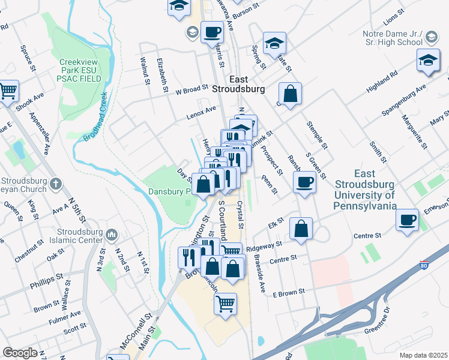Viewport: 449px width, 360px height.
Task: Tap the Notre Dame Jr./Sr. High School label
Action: click(393, 38)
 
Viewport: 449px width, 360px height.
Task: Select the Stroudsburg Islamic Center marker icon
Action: click(112, 233)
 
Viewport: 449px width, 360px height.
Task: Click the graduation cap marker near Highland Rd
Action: click(428, 61)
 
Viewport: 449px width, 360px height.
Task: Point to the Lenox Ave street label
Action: click(200, 111)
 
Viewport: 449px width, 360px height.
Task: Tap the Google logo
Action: click(20, 352)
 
